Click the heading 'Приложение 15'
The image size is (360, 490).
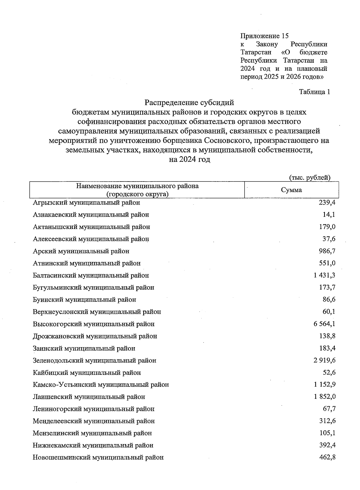click(264, 36)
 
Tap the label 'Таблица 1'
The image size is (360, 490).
click(314, 92)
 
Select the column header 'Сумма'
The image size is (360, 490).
click(291, 190)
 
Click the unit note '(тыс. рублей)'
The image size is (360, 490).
click(310, 178)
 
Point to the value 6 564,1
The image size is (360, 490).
click(324, 324)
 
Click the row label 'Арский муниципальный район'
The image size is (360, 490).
click(81, 251)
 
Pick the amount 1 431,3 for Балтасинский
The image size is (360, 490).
click(324, 275)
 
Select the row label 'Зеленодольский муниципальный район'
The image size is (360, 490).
click(94, 360)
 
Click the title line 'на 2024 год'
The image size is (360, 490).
click(189, 160)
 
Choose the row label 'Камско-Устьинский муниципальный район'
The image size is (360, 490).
click(101, 385)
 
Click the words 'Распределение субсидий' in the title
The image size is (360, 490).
click(189, 103)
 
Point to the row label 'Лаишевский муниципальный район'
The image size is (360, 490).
click(89, 397)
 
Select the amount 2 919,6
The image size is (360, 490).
click(324, 360)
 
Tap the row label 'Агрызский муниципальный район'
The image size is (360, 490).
click(86, 203)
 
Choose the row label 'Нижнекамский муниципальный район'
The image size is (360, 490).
click(93, 445)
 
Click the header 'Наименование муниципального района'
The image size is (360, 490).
click(137, 186)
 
